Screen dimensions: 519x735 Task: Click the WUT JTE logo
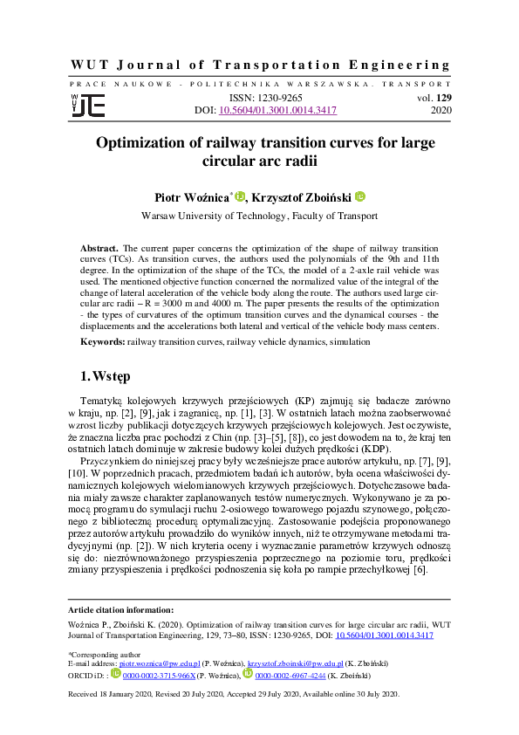tap(87, 105)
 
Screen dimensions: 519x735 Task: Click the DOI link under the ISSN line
tap(277, 112)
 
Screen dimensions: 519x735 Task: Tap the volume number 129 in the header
tap(441, 99)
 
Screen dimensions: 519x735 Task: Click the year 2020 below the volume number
tap(441, 112)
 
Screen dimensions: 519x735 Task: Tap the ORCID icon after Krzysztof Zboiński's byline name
tap(359, 196)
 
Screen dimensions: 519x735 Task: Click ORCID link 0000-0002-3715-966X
tap(159, 675)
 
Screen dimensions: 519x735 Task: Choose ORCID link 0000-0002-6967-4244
tap(290, 675)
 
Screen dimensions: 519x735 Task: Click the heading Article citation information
tap(120, 609)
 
